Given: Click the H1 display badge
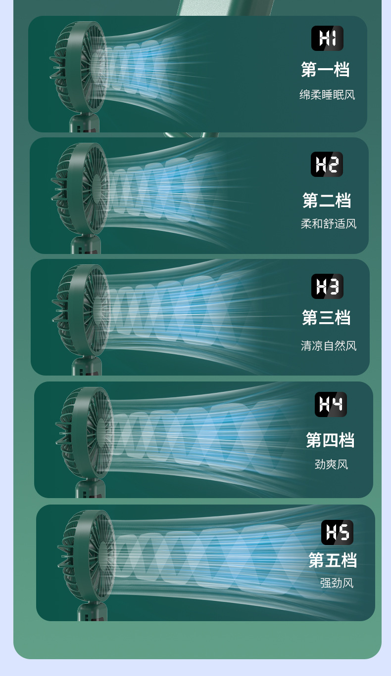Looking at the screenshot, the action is click(x=327, y=39).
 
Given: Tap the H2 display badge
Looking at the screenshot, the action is click(x=327, y=164).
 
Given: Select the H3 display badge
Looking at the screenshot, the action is click(x=327, y=286).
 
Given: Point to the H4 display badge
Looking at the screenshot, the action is click(x=331, y=404).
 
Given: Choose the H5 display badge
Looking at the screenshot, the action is click(x=337, y=532).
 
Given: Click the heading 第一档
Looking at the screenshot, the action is click(x=325, y=69).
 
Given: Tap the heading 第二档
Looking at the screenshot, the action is click(x=327, y=200).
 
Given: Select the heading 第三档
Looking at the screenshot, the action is click(x=326, y=317).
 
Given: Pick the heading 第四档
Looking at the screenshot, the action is click(x=330, y=440).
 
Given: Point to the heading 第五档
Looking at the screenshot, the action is click(x=333, y=560).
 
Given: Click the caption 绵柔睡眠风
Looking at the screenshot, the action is click(x=327, y=95).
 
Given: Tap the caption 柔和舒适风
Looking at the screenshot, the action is click(x=329, y=224).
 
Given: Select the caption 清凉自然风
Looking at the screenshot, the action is click(x=329, y=346).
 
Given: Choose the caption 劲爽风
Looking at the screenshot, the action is click(x=331, y=465).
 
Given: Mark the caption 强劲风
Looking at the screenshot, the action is click(x=337, y=583).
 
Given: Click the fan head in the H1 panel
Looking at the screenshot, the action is click(x=79, y=67).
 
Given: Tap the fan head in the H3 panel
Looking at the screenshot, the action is click(x=81, y=310).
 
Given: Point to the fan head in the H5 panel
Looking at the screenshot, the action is click(x=87, y=556).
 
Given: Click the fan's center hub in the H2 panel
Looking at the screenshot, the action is click(x=97, y=188).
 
